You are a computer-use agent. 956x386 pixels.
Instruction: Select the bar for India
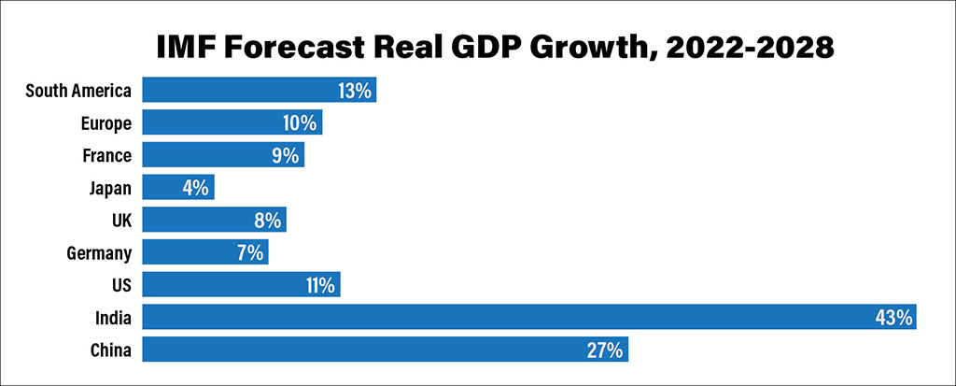pyautogui.click(x=528, y=317)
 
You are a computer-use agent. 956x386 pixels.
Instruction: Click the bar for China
pyautogui.click(x=385, y=350)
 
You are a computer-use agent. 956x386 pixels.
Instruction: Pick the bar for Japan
pyautogui.click(x=177, y=188)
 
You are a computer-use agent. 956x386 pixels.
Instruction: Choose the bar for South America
pyautogui.click(x=259, y=91)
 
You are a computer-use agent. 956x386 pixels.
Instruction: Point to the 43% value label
pyautogui.click(x=893, y=318)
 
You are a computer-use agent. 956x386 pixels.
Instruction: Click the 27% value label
pyautogui.click(x=604, y=350)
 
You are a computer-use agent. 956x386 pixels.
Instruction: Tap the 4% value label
pyautogui.click(x=195, y=188)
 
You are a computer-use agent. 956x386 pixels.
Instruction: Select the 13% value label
pyautogui.click(x=355, y=91)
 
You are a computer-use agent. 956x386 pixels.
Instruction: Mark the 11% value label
pyautogui.click(x=319, y=285)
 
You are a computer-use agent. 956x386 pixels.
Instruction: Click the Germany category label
pyautogui.click(x=100, y=252)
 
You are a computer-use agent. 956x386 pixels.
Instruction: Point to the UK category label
pyautogui.click(x=120, y=221)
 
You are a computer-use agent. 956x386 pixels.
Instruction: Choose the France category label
pyautogui.click(x=107, y=155)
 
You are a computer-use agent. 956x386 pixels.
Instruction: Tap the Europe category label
pyautogui.click(x=105, y=123)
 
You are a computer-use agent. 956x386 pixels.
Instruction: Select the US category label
pyautogui.click(x=121, y=285)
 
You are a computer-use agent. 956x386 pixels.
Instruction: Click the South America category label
pyautogui.click(x=78, y=91)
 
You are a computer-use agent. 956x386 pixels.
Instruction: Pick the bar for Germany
pyautogui.click(x=204, y=252)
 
